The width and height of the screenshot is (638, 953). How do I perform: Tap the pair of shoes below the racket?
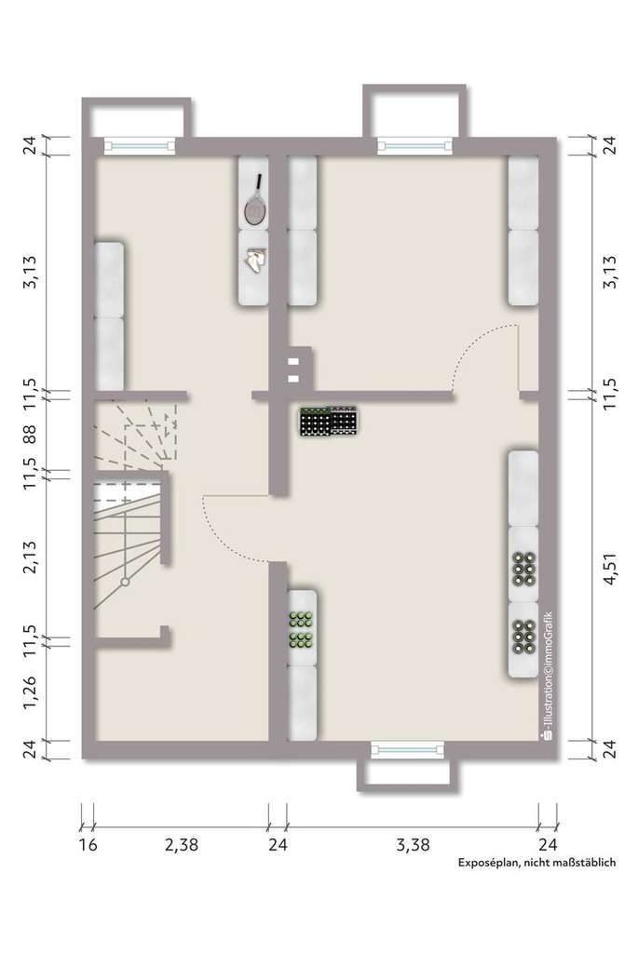coord(253,261)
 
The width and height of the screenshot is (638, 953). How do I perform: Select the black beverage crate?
coord(329,422)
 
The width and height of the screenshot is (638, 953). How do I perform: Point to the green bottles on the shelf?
coord(300,628)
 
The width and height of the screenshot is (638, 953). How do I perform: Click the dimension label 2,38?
coord(182,845)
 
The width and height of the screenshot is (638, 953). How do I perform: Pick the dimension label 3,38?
coord(413,845)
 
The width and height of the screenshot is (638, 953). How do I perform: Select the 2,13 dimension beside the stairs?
coord(30,556)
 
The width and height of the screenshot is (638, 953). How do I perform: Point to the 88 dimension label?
coord(30,436)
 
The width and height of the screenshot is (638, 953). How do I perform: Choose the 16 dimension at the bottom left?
coord(88,845)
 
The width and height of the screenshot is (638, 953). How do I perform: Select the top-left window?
coord(140,145)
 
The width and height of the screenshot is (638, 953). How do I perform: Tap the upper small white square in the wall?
coord(294,359)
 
